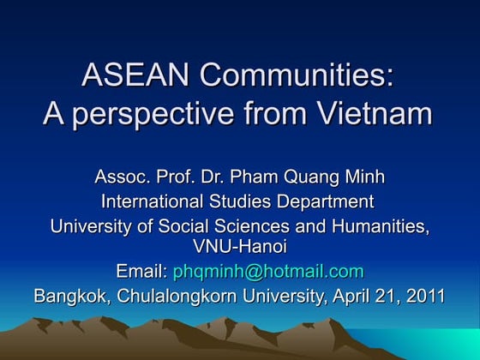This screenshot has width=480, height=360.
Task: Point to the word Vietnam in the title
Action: (x=376, y=113)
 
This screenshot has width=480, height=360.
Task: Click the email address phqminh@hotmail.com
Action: (x=268, y=273)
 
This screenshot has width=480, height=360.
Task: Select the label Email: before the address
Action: (x=142, y=273)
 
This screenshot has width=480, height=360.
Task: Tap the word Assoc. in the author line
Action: (x=121, y=178)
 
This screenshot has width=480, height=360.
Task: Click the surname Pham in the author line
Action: (x=257, y=178)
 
